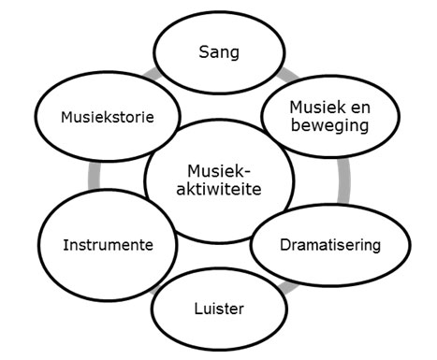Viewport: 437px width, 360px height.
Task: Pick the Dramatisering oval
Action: point(330,246)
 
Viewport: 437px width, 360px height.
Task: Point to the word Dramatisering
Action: point(330,246)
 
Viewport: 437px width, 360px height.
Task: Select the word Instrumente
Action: point(109,245)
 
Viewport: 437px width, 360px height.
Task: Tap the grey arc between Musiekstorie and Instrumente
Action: point(91,178)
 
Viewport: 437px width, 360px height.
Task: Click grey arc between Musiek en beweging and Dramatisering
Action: point(346,180)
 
